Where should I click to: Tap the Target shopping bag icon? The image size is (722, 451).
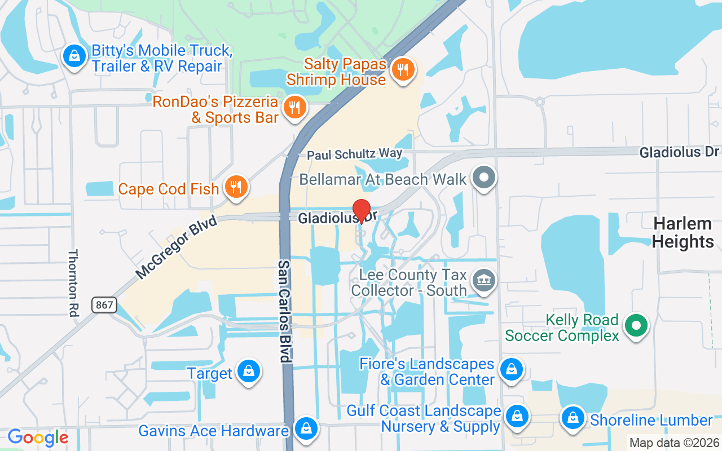coord(248,372)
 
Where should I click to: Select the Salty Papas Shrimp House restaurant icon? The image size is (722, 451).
coord(402,70)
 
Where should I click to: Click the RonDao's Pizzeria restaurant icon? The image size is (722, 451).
coord(294,107)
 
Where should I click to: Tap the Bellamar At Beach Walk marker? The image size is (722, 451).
coord(483,178)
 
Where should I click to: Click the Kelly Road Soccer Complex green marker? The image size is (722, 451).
coord(636,325)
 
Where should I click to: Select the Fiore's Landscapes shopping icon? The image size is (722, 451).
coord(511,370)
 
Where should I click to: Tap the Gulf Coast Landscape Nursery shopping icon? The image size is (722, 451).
coord(516,417)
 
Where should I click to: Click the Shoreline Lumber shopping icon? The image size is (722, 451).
coord(573,418)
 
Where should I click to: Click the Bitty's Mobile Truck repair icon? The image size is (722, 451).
coord(74,56)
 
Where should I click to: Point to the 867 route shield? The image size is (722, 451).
coord(104,306)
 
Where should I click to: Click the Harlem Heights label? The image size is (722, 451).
coord(683,232)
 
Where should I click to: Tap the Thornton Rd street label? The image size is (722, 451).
coord(73,283)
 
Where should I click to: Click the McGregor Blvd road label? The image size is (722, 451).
coord(177,247)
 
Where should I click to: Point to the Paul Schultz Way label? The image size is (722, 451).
coord(354,154)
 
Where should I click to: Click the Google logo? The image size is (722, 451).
coord(38,437)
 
